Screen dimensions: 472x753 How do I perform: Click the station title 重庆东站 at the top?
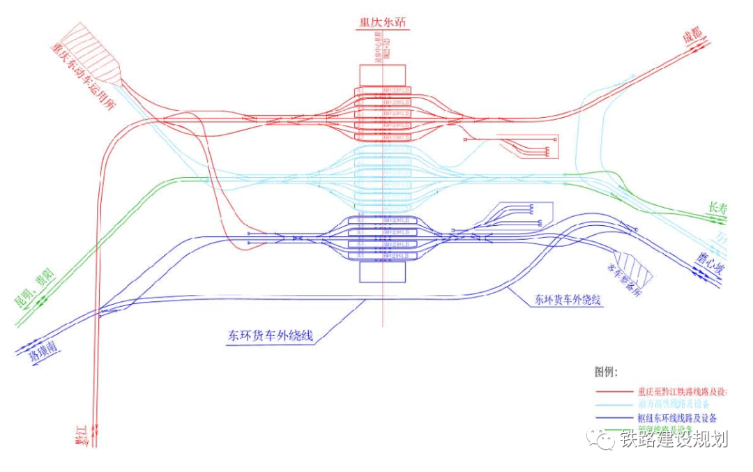[x=381, y=22]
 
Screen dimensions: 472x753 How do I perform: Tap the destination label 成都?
[x=693, y=40]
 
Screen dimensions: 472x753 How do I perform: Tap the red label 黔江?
[x=84, y=435]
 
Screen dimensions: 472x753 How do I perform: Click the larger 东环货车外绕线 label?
[x=270, y=335]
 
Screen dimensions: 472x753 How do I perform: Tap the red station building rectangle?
[x=382, y=75]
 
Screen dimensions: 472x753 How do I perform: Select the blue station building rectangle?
[x=382, y=271]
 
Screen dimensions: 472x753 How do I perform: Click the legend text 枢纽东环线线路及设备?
[x=676, y=418]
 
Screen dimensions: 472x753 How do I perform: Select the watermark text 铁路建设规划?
[x=674, y=439]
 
